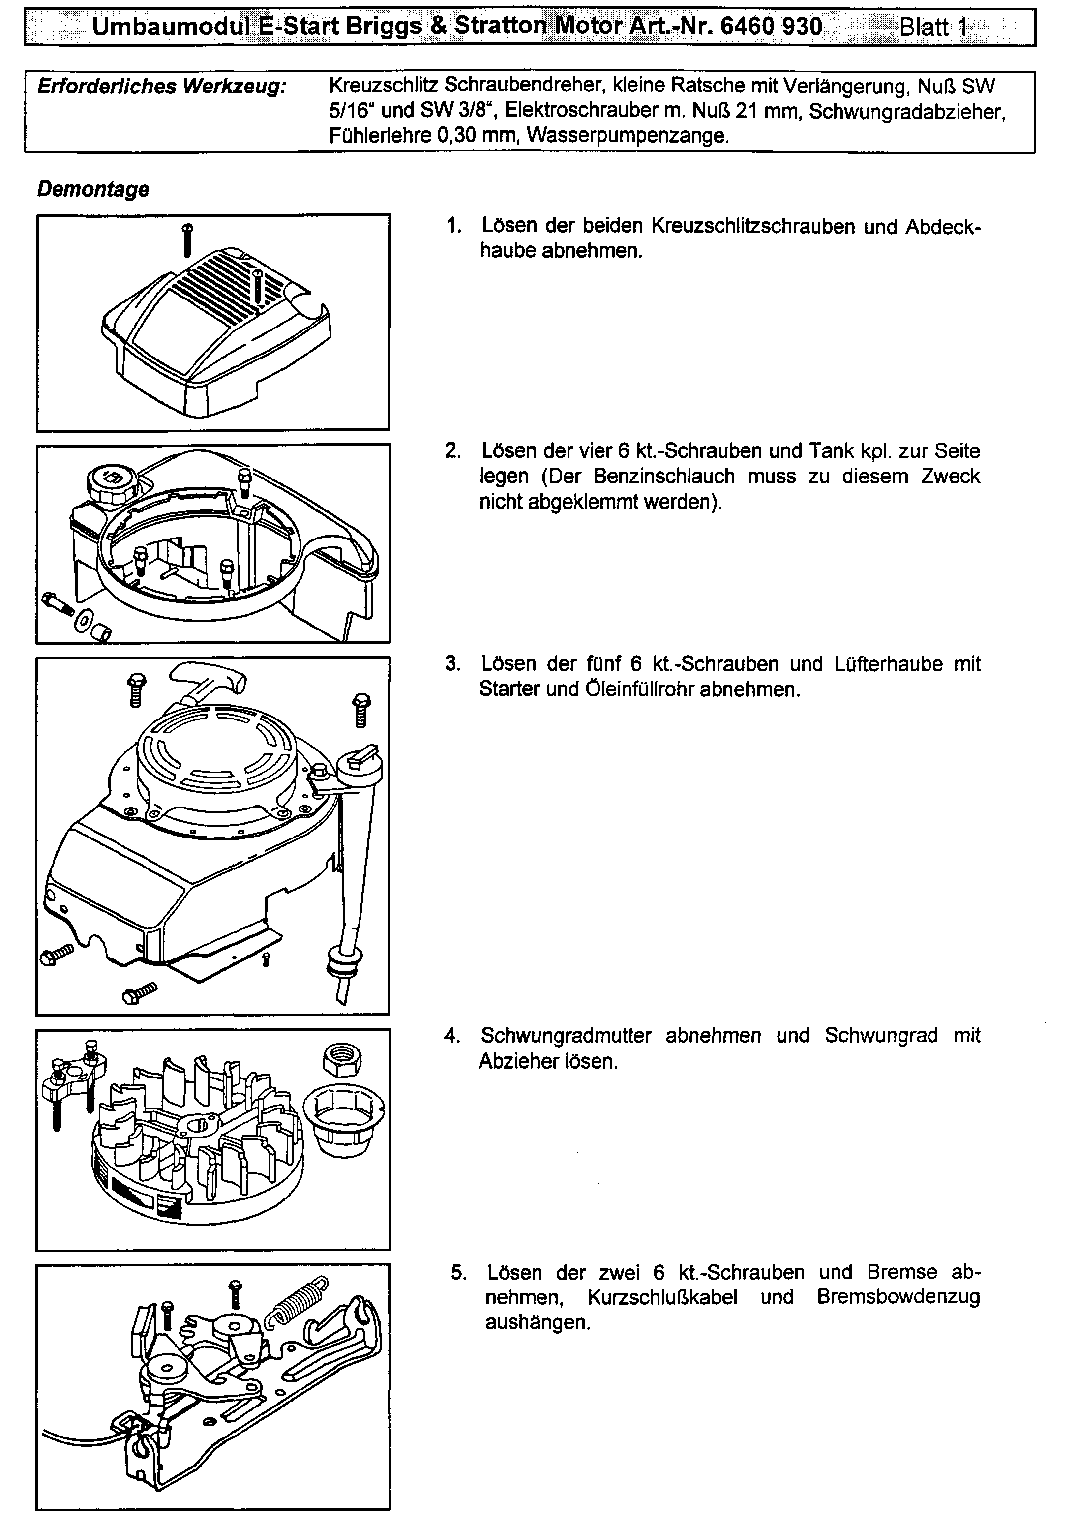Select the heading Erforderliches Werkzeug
click(x=162, y=87)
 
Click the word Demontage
click(x=93, y=189)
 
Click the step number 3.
click(x=452, y=664)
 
